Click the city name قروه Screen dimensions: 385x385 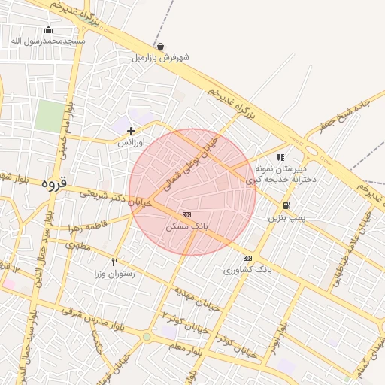click(x=54, y=183)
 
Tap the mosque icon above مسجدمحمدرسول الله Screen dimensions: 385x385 click(x=50, y=30)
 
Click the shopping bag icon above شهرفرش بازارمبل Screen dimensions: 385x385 click(x=160, y=46)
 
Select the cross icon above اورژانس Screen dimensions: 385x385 click(x=132, y=131)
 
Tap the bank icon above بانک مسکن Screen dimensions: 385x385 click(x=186, y=214)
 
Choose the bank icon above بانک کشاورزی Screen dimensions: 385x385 click(x=247, y=258)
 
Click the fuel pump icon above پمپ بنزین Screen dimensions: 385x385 click(x=286, y=206)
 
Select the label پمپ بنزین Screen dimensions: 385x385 click(x=286, y=217)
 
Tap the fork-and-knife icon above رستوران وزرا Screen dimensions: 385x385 click(x=114, y=262)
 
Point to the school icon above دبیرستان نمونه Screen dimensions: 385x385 click(x=280, y=158)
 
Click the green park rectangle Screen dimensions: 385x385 click(x=49, y=117)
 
